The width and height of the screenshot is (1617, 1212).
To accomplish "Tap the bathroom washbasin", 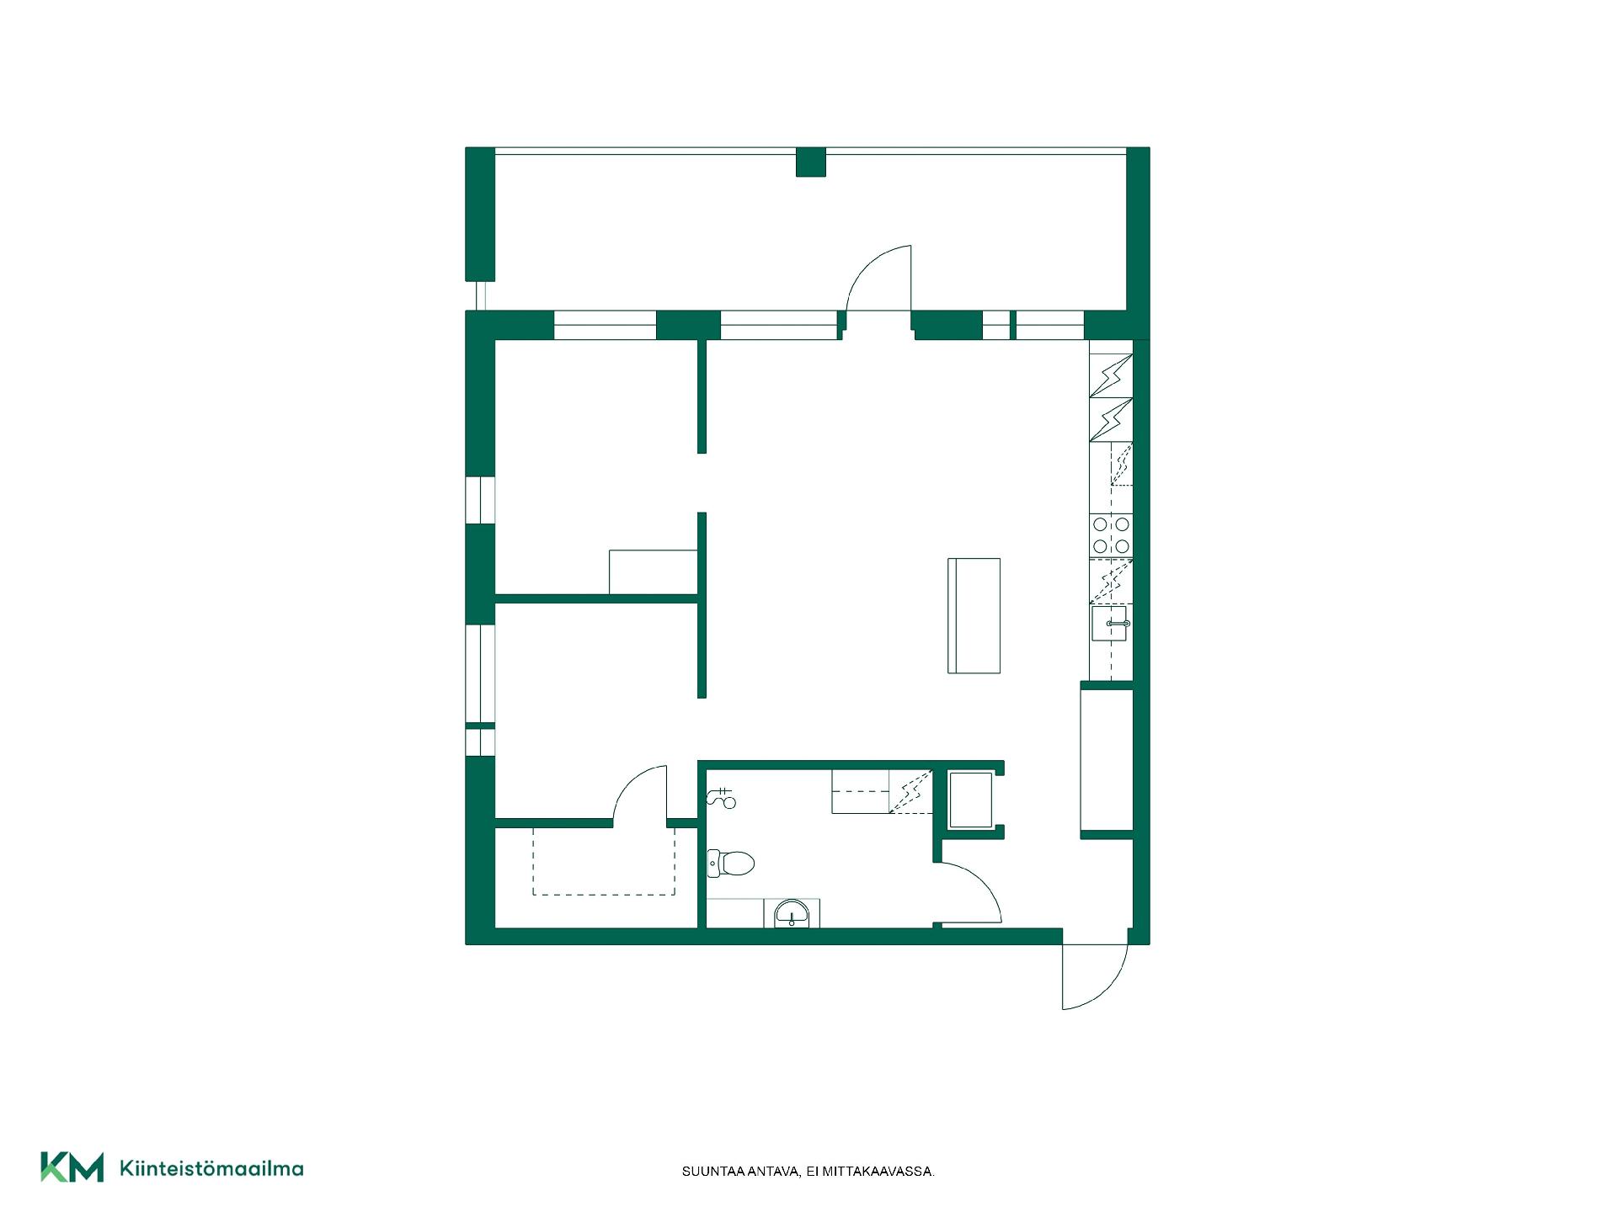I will click(792, 914).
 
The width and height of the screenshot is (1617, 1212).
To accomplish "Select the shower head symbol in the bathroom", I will click(723, 797).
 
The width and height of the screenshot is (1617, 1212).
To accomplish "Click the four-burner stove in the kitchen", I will click(1111, 535).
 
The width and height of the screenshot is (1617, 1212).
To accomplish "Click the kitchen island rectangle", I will click(974, 615).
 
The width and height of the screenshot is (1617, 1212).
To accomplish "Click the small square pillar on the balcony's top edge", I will click(811, 162).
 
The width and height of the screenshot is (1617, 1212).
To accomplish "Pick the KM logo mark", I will click(72, 1167).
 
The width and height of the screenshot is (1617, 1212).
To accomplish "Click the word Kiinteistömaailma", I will click(211, 1168).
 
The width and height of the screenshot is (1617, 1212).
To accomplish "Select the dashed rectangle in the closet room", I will click(603, 860).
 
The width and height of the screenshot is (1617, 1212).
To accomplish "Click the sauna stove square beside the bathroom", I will click(971, 800).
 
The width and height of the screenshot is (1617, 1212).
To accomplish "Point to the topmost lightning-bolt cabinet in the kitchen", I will click(1111, 375).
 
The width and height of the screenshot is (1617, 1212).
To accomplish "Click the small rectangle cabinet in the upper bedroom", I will click(653, 571).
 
